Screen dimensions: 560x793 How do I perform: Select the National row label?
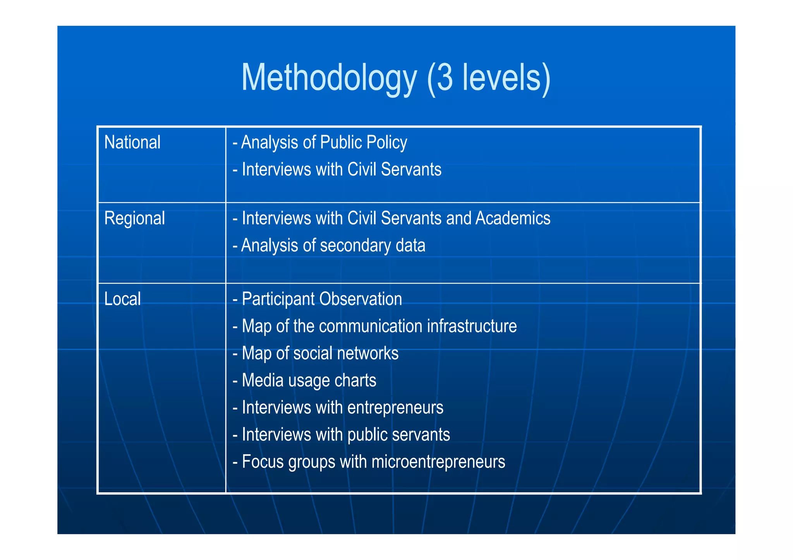tap(132, 142)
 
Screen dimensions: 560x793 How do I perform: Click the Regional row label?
tap(134, 218)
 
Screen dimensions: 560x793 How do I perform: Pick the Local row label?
tap(122, 299)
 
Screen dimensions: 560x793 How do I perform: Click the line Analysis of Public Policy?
tap(320, 142)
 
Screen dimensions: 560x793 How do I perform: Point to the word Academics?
tap(513, 218)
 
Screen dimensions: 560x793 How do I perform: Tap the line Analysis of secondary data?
tap(329, 245)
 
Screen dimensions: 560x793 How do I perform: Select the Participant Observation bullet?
tap(318, 299)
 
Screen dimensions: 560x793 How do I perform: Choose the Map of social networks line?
tap(316, 353)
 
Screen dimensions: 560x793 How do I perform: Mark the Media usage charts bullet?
tap(304, 380)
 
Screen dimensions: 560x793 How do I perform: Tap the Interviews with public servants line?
tap(342, 435)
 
